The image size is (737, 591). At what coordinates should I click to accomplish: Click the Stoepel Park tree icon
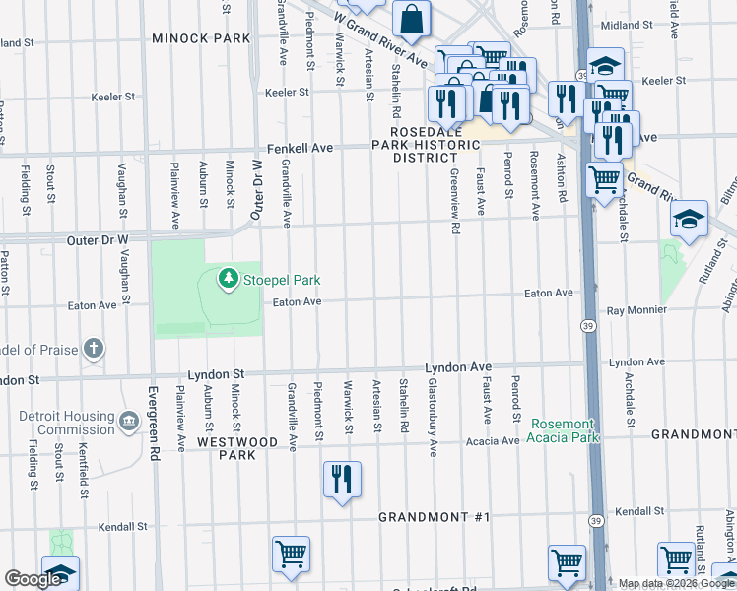229,280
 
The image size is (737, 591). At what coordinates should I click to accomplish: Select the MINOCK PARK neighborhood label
202,38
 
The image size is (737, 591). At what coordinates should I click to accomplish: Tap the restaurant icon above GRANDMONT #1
342,480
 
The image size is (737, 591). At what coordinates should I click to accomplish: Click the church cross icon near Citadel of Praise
93,348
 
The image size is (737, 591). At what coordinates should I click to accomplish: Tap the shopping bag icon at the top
411,17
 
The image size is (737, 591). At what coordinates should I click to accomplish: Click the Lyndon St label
216,375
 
